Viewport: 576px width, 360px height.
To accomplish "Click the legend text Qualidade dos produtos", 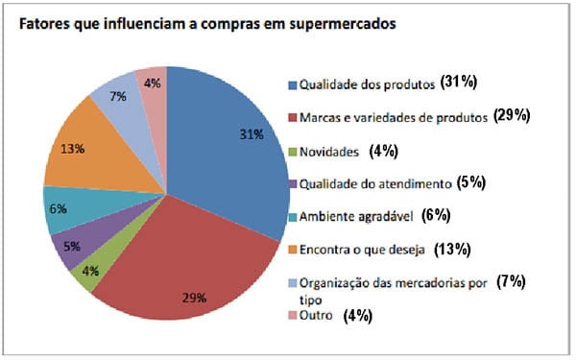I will tap(365, 84).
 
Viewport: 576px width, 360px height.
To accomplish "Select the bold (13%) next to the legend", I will tap(452, 250).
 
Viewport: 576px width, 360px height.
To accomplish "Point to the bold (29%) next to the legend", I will tap(514, 116).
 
